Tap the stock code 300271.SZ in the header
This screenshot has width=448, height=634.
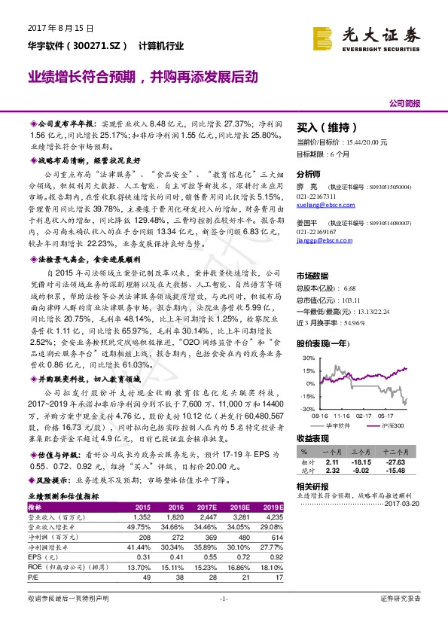point(93,46)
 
